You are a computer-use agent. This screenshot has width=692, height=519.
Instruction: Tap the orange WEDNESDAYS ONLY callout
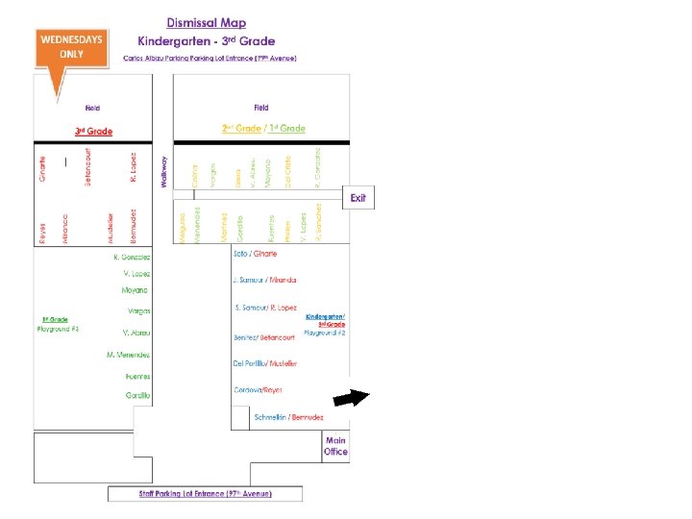tap(72, 48)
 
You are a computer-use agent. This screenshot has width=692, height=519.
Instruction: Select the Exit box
tap(358, 198)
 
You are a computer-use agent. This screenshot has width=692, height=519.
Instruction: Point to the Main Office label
tap(335, 446)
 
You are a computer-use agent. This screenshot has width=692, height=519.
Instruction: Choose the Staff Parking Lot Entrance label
tap(204, 494)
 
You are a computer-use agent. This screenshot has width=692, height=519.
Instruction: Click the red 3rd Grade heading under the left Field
tap(94, 131)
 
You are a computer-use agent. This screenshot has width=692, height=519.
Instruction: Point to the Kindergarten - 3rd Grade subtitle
tap(207, 41)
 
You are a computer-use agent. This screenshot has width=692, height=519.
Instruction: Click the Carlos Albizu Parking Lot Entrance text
tap(210, 59)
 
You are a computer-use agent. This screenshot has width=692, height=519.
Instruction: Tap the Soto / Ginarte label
tap(255, 254)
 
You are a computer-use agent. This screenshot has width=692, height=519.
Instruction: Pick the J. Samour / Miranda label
tap(264, 280)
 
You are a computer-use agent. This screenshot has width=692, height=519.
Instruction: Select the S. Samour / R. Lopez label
tap(265, 308)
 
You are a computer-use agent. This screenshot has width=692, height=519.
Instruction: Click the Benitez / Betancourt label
tap(264, 337)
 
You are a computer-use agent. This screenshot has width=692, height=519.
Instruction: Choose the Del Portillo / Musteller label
tap(265, 363)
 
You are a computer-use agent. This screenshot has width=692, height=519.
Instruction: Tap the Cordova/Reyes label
tap(258, 390)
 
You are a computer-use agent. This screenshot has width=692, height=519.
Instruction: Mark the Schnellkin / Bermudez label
tap(288, 417)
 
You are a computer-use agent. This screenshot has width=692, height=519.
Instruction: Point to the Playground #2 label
tap(324, 333)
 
